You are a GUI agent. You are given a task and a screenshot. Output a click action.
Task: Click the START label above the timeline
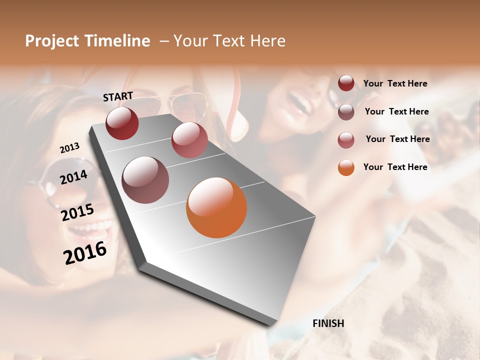(118, 96)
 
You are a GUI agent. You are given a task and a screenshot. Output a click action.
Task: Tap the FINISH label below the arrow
(328, 323)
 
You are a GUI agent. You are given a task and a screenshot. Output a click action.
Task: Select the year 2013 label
(70, 148)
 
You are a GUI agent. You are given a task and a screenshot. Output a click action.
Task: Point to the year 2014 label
(74, 177)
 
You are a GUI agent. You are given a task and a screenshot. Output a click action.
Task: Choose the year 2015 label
(77, 212)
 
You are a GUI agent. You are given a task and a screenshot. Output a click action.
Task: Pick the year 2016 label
(85, 252)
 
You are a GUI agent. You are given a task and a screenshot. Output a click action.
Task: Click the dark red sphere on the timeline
(122, 123)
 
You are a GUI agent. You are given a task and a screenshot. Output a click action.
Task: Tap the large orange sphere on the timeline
(216, 207)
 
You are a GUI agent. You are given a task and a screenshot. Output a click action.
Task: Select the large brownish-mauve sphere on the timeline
(145, 180)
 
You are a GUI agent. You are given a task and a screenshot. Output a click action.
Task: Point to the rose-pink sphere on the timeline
(189, 140)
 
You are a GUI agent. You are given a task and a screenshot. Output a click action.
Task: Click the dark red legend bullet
(346, 83)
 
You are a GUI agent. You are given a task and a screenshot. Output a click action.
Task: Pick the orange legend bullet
(346, 167)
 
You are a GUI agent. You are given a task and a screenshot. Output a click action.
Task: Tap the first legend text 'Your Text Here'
(395, 84)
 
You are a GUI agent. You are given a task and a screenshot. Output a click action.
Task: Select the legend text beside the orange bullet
(395, 167)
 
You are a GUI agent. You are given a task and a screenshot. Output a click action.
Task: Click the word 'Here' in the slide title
(267, 41)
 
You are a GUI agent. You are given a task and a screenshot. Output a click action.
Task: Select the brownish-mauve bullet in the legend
(346, 112)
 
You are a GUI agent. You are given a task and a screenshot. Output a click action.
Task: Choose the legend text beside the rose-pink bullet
(397, 139)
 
